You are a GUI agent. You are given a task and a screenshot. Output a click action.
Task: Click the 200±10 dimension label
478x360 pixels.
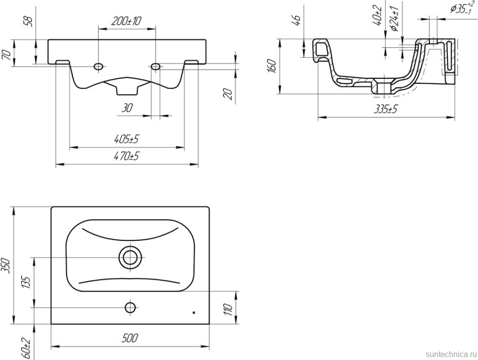click(126, 21)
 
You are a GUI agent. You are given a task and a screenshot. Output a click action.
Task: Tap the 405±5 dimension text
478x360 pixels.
click(126, 139)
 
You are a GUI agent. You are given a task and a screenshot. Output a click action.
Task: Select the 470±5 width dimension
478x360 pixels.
click(126, 156)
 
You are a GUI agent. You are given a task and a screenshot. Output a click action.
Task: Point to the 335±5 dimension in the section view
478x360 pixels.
click(386, 109)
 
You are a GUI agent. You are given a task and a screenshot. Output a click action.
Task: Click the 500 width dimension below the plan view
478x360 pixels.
click(130, 338)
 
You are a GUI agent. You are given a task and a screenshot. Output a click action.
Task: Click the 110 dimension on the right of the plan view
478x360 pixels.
click(229, 310)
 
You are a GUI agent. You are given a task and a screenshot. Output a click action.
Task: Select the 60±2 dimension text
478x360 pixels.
click(26, 347)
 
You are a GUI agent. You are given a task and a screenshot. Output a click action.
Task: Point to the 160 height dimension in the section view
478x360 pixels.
click(272, 66)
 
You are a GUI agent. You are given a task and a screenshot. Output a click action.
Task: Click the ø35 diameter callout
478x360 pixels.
click(462, 8)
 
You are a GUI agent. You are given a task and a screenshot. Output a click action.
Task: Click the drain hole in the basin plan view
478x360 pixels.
click(131, 257)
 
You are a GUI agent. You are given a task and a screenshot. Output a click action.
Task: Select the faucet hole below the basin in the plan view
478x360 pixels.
click(131, 308)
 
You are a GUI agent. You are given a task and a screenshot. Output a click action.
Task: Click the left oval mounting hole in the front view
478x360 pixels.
click(99, 66)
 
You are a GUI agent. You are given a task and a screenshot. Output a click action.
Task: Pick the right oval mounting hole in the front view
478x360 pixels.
click(156, 66)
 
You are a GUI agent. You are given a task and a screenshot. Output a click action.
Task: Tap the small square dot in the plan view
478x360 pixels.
click(194, 312)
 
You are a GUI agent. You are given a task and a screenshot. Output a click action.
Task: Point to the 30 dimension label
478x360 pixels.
click(127, 108)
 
